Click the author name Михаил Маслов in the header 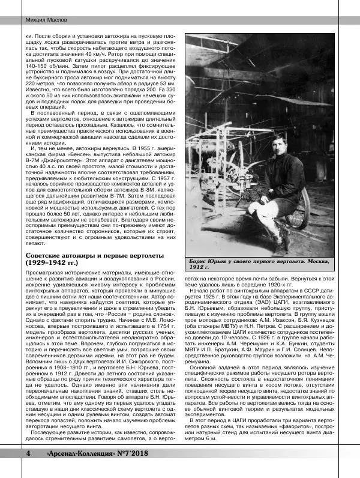[x=28, y=20]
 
